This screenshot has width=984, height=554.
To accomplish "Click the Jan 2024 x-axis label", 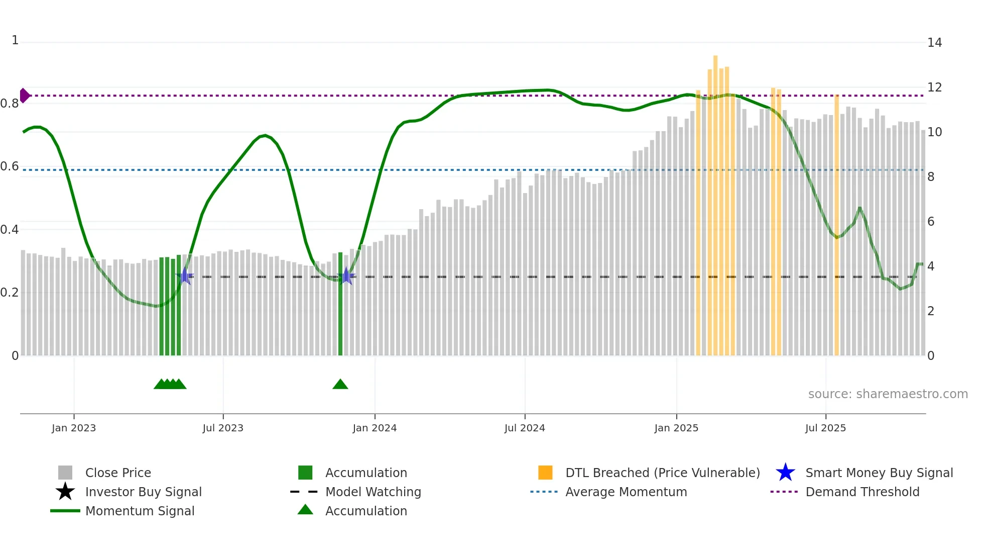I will (375, 428).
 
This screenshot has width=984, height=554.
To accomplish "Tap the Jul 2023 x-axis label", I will (223, 428).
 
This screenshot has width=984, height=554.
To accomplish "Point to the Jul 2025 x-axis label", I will (825, 428).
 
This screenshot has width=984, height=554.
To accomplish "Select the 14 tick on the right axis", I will (934, 43).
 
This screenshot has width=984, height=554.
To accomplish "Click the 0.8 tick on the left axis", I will (10, 104).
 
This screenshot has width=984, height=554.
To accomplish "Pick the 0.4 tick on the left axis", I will (10, 230).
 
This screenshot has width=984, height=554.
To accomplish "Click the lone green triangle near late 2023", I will (340, 385).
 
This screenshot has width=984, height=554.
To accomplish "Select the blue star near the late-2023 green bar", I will (346, 276).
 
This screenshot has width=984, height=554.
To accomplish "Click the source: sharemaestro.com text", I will (888, 394).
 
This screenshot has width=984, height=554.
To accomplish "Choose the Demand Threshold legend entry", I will (862, 492).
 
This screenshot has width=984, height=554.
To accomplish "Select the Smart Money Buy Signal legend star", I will (785, 473).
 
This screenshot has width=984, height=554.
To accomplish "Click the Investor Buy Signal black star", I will (65, 492).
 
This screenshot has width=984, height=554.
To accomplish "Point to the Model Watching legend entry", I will (373, 492).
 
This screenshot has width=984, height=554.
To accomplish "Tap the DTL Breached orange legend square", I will (545, 473).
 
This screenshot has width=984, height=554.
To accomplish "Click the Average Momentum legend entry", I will (626, 492).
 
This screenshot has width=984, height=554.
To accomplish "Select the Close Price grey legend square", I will (65, 473).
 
